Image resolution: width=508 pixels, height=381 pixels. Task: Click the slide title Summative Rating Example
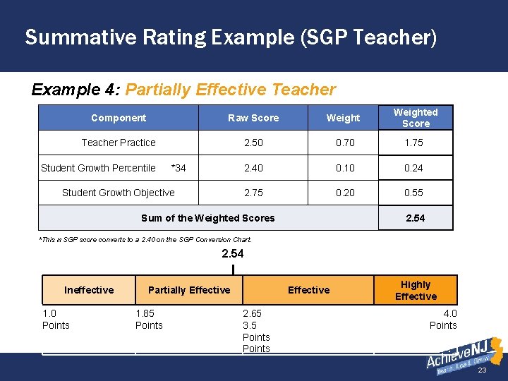[x=231, y=37]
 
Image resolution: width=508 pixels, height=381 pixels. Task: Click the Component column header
[x=119, y=118]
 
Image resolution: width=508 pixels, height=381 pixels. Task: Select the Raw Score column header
[x=253, y=118]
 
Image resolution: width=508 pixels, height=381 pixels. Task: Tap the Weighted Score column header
[x=416, y=118]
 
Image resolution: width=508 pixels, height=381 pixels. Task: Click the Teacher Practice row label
[x=119, y=143]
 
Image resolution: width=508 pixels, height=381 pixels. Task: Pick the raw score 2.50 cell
[x=253, y=143]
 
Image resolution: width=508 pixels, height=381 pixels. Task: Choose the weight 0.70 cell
[x=345, y=143]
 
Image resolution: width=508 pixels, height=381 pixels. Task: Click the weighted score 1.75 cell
[x=414, y=143]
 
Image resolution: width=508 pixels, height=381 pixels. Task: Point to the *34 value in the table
[x=179, y=168]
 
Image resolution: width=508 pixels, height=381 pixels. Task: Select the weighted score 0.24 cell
[x=414, y=168]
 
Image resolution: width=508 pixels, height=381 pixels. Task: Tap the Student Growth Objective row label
[x=119, y=193]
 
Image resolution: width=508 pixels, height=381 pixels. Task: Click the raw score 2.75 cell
[x=253, y=193]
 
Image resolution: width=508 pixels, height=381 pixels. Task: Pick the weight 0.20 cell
[x=345, y=193]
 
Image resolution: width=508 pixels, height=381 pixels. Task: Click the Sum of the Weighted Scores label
[x=208, y=218]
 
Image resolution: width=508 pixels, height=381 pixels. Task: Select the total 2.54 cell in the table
[x=415, y=218]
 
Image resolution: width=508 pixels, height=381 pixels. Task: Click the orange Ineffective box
[x=89, y=290]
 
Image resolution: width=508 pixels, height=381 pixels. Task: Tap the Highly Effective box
[x=416, y=290]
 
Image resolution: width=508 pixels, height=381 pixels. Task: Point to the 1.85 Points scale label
[x=149, y=320]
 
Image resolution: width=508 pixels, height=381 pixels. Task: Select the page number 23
[x=483, y=371]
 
